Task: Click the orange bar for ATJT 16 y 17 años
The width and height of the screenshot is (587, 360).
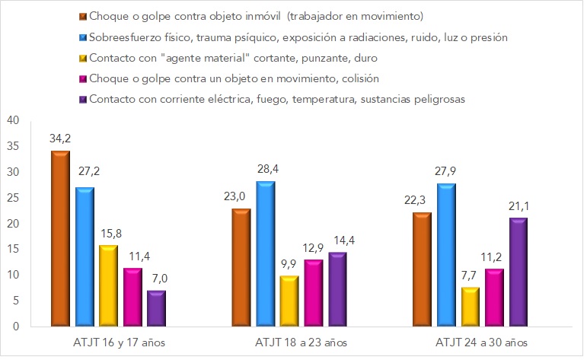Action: tap(60, 239)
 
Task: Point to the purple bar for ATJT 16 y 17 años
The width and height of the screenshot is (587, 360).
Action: tap(156, 308)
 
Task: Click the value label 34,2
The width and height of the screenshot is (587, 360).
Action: tap(60, 140)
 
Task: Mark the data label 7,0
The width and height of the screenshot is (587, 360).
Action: tap(156, 279)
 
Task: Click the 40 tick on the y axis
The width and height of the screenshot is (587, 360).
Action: tap(14, 120)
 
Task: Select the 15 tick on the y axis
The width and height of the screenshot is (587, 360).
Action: tap(14, 249)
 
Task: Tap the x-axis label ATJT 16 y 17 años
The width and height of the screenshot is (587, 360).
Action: tap(108, 342)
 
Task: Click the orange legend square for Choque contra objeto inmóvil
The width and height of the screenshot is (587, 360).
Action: tap(82, 16)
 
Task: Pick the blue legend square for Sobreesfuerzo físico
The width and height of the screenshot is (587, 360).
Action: tap(82, 37)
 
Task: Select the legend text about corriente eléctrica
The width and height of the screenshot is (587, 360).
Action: tap(277, 98)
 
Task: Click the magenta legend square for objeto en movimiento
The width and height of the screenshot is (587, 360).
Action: tap(82, 78)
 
